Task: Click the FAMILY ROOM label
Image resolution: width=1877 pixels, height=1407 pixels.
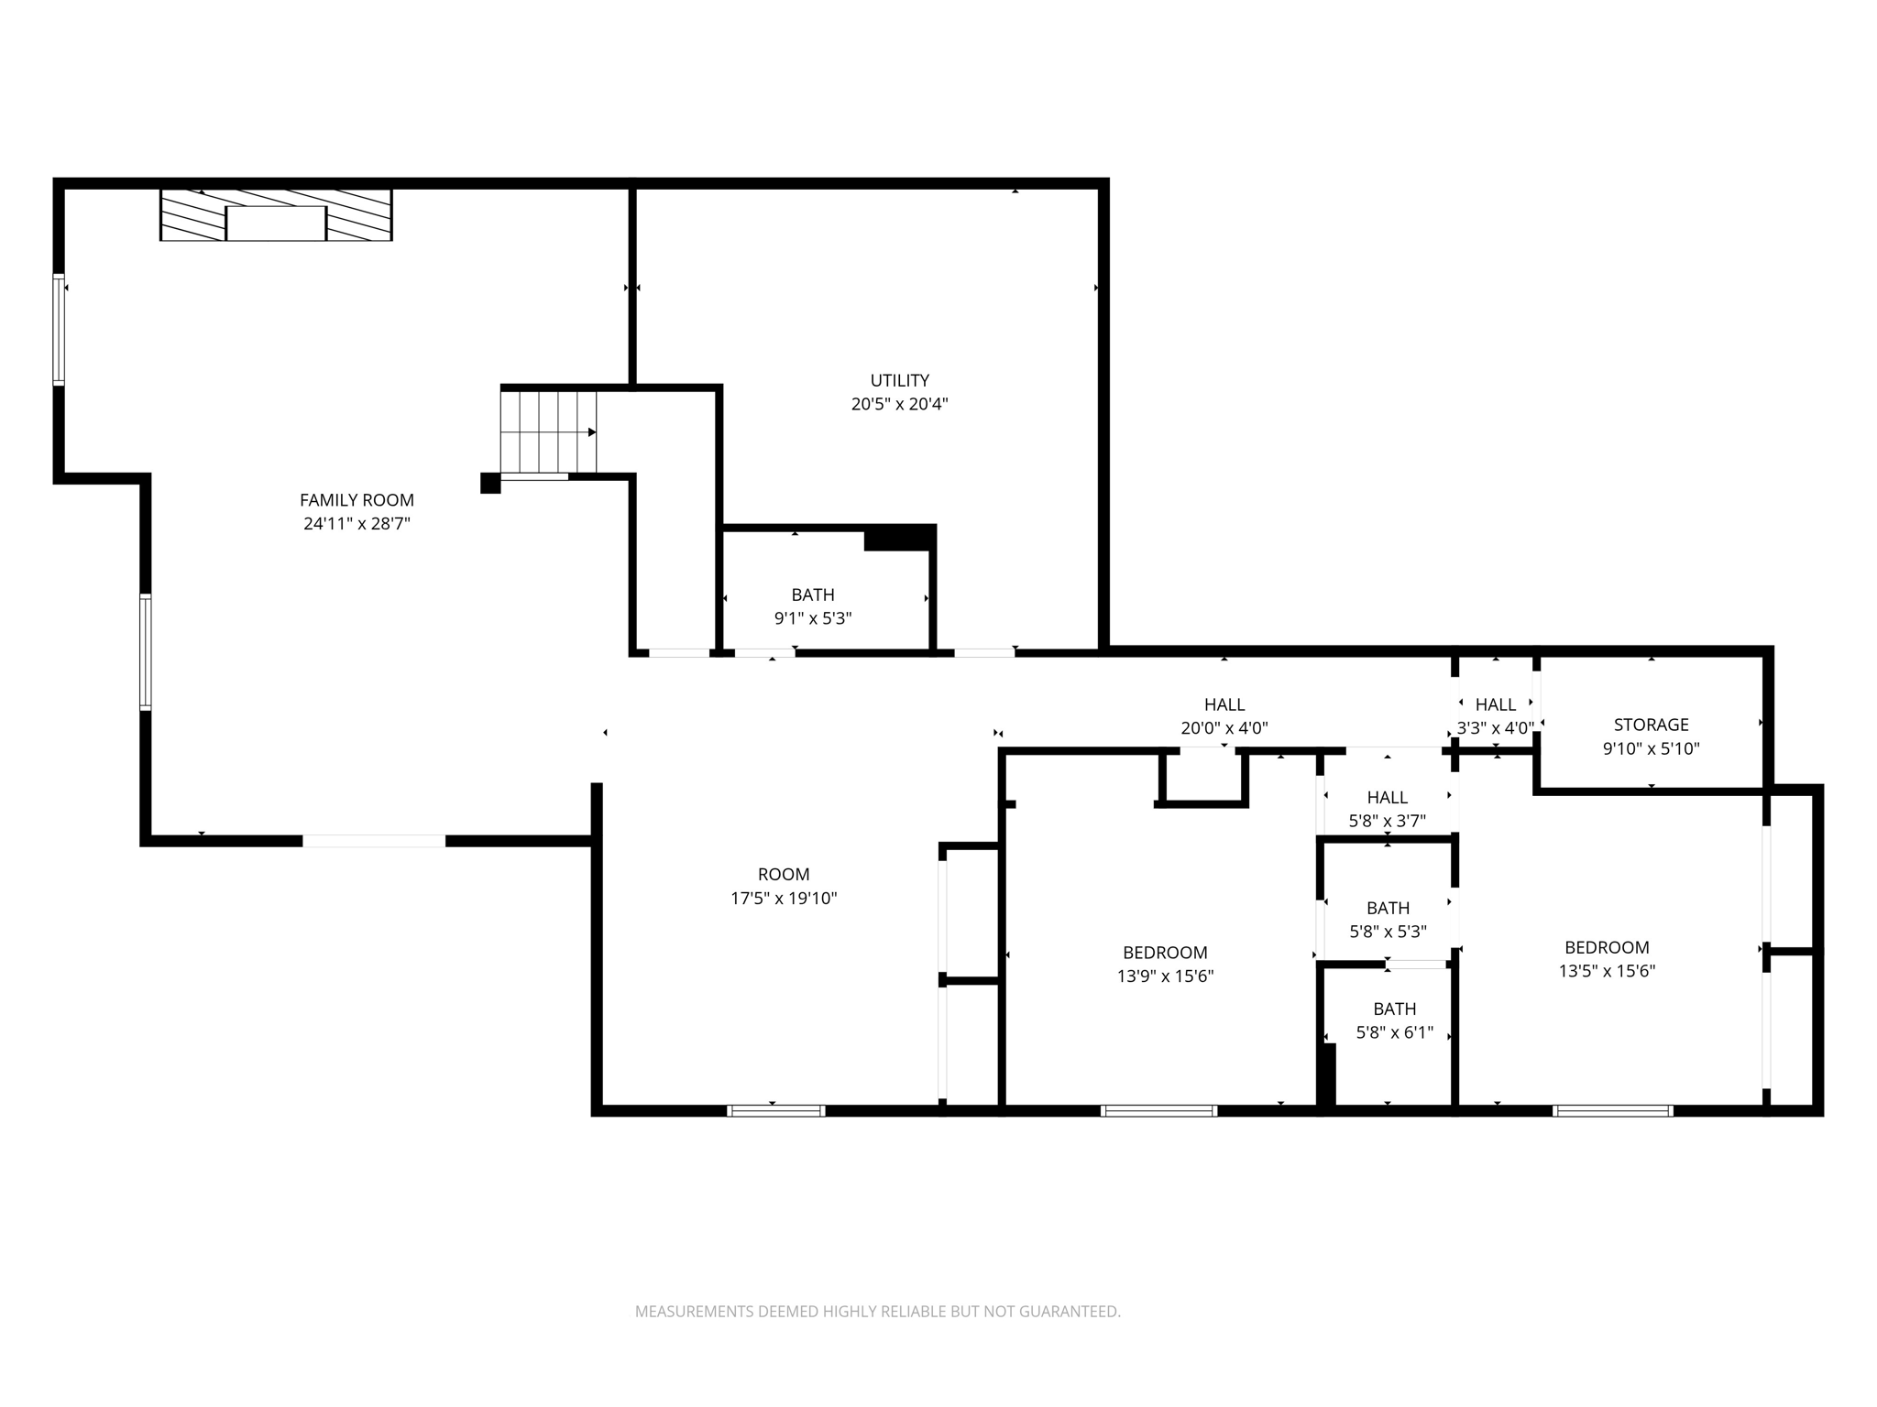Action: (357, 500)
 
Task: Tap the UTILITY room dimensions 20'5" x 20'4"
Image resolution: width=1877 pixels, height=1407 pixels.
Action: (899, 404)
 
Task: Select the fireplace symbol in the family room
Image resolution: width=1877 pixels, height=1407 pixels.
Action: (276, 215)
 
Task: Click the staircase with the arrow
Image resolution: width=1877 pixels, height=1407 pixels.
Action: (548, 431)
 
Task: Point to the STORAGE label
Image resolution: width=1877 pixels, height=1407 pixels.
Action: (1651, 725)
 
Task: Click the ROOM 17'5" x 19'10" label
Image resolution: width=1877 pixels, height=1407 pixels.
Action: (784, 886)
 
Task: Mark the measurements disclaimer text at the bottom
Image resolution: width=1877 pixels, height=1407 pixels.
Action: (877, 1312)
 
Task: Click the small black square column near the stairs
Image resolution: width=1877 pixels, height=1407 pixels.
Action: (490, 483)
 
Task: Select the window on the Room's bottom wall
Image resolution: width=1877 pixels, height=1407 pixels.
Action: (775, 1110)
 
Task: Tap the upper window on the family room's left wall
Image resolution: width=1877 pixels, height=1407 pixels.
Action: (59, 330)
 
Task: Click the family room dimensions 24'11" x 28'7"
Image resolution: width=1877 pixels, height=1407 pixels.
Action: (357, 524)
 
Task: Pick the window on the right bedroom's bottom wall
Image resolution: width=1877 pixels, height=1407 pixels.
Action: (1612, 1110)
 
